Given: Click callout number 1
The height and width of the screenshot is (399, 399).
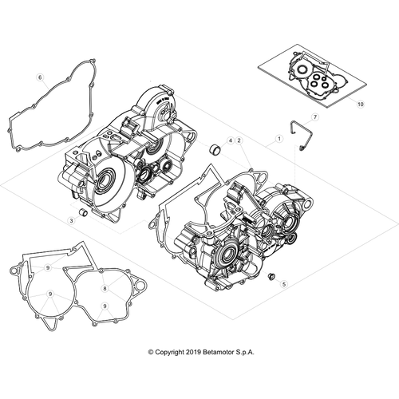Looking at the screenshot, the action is point(279,139).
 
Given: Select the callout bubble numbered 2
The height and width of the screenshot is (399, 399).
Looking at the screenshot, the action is point(239,140).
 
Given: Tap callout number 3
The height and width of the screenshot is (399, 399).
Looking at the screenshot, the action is point(71,220).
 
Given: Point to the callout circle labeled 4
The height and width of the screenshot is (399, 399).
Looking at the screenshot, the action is point(231,140).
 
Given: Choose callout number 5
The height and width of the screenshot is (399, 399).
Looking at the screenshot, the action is point(284,284).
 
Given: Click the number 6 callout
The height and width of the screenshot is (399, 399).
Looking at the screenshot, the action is point(40,77).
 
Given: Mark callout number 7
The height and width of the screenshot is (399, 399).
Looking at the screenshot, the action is point(315,117).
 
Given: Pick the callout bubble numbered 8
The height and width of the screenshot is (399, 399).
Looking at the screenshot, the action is point(105,288).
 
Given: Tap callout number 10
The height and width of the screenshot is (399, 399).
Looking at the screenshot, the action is point(361,104).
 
